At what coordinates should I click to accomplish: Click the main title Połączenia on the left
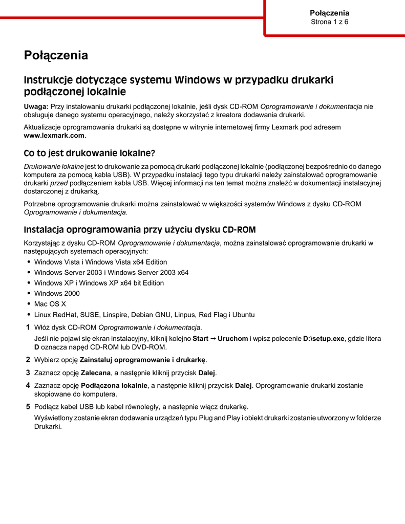click(56, 55)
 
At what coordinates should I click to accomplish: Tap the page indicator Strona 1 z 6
click(329, 22)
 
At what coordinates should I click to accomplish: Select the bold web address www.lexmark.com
click(54, 136)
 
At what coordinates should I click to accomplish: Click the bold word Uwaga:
click(36, 106)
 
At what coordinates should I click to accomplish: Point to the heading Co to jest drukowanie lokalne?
click(89, 153)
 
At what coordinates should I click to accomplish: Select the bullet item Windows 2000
click(57, 294)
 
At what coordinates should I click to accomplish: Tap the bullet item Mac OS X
click(50, 304)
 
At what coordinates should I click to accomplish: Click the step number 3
click(28, 373)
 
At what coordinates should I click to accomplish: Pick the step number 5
click(28, 407)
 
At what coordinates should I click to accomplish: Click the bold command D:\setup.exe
click(324, 338)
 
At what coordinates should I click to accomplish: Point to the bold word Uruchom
click(232, 338)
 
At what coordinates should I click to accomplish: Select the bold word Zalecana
click(96, 373)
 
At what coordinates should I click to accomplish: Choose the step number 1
click(28, 327)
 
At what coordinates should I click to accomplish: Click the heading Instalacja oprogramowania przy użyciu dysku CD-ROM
click(140, 229)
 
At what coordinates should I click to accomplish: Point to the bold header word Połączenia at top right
click(329, 13)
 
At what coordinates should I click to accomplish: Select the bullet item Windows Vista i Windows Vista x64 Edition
click(100, 262)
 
